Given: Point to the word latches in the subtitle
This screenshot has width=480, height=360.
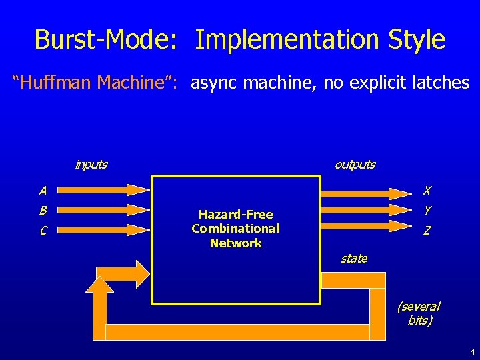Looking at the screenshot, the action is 436,83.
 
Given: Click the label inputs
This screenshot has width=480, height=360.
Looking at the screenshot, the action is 91,165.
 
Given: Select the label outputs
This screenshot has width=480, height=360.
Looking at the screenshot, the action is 355,165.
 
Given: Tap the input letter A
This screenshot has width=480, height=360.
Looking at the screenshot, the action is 43,191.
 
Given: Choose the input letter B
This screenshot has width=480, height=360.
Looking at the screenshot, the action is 43,211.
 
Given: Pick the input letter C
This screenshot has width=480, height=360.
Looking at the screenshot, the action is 43,231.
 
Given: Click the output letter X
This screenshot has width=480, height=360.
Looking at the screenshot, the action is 427,191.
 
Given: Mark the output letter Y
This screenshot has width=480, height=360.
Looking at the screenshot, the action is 427,210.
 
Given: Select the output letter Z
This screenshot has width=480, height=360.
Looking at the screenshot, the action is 427,231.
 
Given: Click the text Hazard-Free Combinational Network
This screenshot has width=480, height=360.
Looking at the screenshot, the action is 235,229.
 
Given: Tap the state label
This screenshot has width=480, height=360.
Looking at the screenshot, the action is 353,259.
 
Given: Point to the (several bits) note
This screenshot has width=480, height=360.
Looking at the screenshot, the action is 419,313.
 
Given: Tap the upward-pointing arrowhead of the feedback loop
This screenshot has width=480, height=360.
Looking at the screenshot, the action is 100,285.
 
